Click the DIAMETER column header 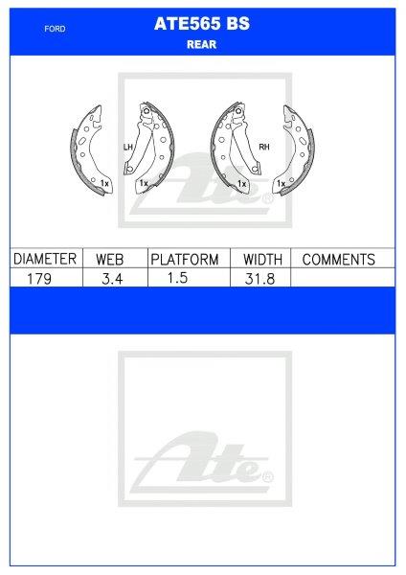44,259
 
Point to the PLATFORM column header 186,259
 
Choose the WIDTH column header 261,259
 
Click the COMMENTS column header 338,259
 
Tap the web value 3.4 111,277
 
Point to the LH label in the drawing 126,148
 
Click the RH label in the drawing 263,148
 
